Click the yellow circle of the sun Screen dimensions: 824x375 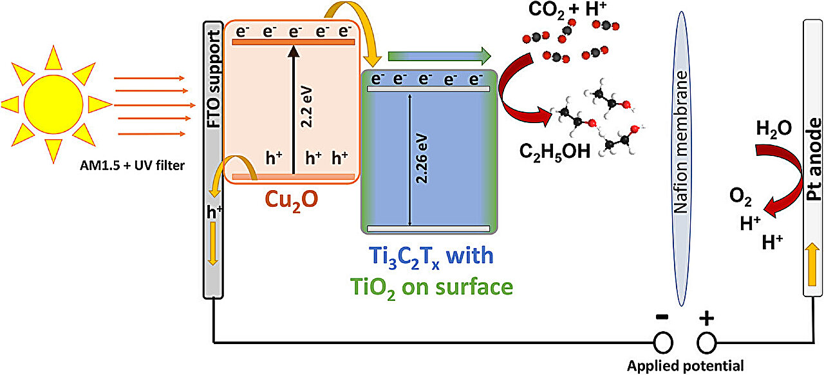[x=53, y=104]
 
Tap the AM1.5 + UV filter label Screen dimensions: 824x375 [x=132, y=166]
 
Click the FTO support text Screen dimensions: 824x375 [x=214, y=79]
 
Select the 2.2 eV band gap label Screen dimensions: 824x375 [x=306, y=107]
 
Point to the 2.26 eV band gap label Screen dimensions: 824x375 [x=422, y=159]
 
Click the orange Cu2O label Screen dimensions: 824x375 [x=291, y=201]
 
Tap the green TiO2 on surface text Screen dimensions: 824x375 [x=431, y=288]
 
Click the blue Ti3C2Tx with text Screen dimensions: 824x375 [x=431, y=256]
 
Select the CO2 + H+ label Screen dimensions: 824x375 [x=567, y=10]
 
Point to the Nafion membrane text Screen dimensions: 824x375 [x=681, y=142]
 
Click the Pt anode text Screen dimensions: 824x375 [x=814, y=159]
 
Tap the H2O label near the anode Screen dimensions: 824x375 [x=774, y=130]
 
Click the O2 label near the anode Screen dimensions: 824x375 [x=740, y=197]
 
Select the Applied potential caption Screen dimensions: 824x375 [x=686, y=366]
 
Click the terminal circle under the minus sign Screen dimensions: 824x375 [x=663, y=343]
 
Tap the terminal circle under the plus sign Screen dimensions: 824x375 [x=706, y=343]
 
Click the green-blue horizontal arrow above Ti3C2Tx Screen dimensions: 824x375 [x=440, y=56]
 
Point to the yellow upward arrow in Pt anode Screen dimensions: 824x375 [x=812, y=264]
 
